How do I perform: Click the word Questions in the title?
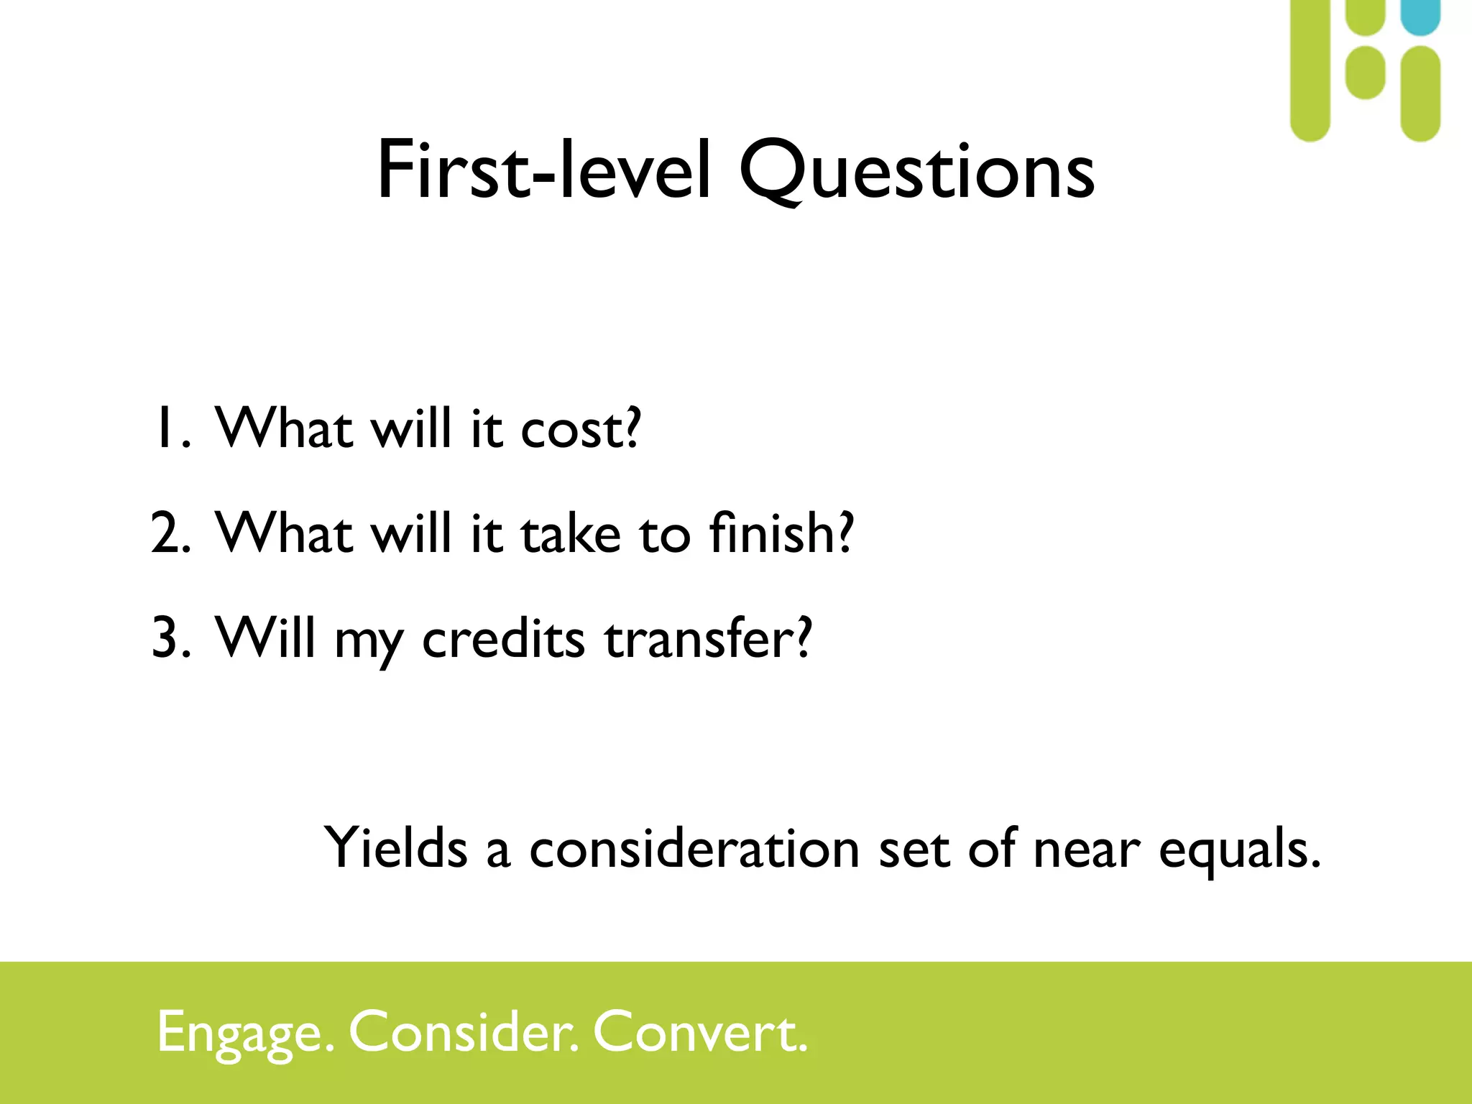[916, 171]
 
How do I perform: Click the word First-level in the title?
[544, 171]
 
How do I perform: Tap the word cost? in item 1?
[579, 430]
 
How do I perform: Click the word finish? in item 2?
[781, 533]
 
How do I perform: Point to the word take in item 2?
[570, 534]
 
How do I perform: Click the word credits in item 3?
[503, 638]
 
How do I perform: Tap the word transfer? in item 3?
[708, 638]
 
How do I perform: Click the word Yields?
[396, 848]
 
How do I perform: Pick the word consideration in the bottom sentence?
[694, 848]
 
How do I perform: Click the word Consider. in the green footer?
[464, 1032]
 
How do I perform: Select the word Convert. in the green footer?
[700, 1032]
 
